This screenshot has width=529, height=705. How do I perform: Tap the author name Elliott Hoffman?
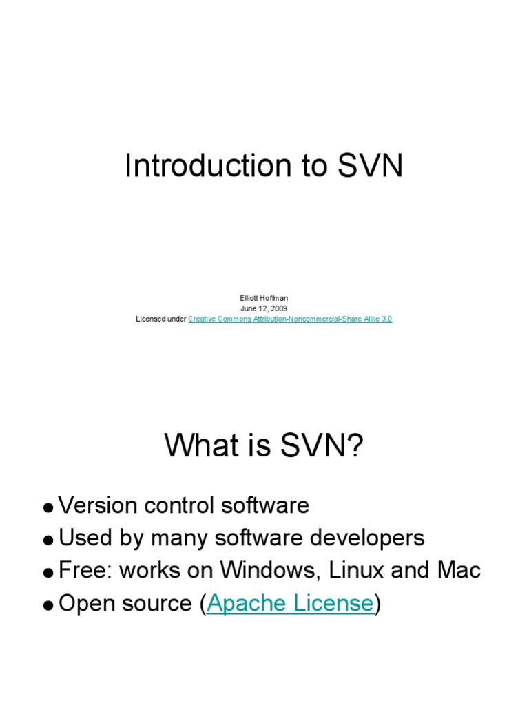click(264, 298)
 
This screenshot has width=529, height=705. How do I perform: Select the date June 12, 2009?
click(264, 308)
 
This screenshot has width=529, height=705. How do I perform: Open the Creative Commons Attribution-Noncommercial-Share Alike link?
click(290, 319)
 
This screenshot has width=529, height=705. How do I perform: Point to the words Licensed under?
click(161, 319)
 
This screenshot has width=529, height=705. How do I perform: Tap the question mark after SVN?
click(354, 448)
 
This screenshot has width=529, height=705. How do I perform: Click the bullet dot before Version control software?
click(48, 508)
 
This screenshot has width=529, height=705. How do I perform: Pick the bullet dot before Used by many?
click(48, 540)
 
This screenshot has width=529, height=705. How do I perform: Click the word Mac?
click(459, 570)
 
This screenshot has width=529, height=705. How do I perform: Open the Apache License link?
click(290, 603)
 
